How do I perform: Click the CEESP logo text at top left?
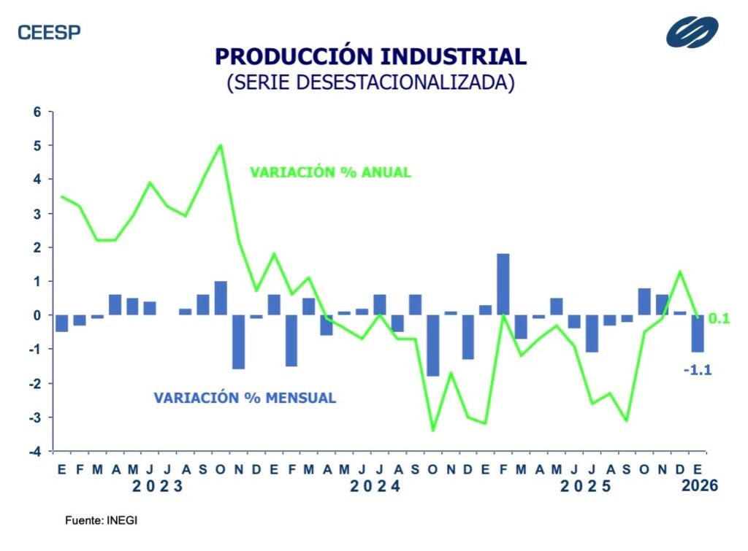coord(49,32)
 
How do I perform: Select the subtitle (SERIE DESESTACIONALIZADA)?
coord(371,82)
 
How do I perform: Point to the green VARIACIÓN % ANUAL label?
coord(330,173)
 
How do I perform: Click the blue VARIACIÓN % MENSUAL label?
coord(245,398)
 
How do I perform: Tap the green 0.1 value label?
coord(720,318)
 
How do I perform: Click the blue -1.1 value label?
coord(697,370)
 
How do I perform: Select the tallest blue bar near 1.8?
coord(503,285)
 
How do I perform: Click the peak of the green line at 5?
coord(221,145)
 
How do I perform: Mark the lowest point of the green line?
coord(433,430)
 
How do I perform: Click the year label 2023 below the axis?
coord(159,486)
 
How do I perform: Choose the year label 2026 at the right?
coord(698,485)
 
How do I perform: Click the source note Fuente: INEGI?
coord(101,521)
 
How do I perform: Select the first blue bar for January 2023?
coord(62,323)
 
